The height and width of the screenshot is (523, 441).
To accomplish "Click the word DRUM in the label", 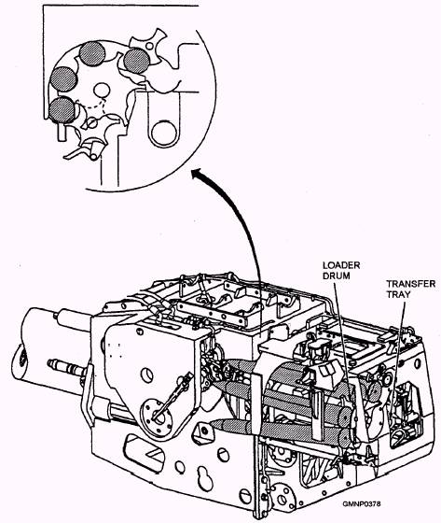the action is (x=336, y=276).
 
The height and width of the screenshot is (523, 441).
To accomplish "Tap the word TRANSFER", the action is (x=410, y=284).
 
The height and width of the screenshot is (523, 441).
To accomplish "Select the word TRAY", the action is (x=398, y=294).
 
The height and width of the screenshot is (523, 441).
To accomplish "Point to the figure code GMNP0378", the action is (x=362, y=503).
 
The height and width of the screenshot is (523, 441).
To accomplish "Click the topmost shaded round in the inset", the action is (x=92, y=53).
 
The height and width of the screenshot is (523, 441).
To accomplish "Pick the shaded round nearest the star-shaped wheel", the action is (x=136, y=61).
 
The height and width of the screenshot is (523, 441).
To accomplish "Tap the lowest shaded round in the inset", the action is (x=62, y=110).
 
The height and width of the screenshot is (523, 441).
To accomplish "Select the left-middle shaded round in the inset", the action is (x=64, y=79).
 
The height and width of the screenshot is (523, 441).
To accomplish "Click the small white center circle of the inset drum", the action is (x=102, y=90).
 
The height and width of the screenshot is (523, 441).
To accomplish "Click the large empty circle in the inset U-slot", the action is (x=163, y=133).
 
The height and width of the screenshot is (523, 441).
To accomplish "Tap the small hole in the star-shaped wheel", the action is (x=150, y=46).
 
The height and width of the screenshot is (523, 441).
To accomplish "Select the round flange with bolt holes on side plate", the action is (x=157, y=417).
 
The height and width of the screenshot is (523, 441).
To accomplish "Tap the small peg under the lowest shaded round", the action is (x=62, y=132).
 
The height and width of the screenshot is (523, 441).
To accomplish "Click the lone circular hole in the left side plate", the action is (x=147, y=375).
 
